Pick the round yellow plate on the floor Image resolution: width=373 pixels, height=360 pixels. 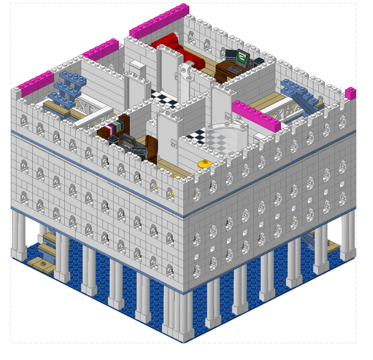coord(203,164)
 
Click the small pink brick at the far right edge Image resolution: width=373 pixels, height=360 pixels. coord(351,93)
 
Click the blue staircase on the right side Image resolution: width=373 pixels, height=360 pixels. coord(302,93)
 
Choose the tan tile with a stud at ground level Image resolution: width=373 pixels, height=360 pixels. coord(43,263)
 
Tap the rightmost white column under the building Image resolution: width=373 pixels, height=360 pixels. coord(349,232)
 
